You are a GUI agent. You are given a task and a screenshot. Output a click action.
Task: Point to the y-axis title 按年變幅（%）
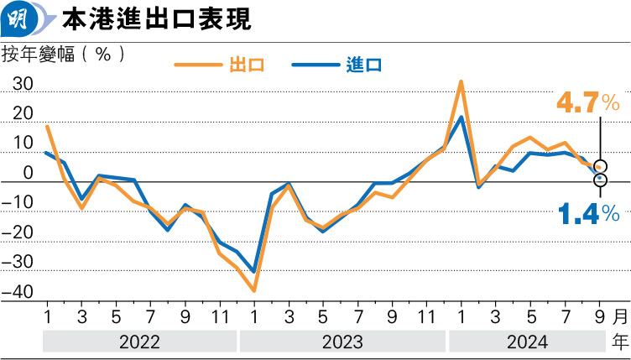(x=65, y=54)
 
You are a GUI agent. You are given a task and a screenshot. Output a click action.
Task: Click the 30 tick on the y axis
(x=23, y=85)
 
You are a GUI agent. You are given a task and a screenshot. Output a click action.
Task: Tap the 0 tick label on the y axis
(x=28, y=174)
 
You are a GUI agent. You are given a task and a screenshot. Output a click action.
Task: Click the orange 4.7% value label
(x=587, y=103)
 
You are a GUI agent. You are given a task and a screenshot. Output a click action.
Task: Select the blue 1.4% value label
(x=587, y=214)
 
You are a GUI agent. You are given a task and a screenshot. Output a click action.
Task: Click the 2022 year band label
(x=140, y=342)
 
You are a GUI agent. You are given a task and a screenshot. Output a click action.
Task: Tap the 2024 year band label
(x=527, y=342)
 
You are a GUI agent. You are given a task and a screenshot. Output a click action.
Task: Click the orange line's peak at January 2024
(x=462, y=81)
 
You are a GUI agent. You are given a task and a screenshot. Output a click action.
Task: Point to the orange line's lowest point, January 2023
(x=253, y=290)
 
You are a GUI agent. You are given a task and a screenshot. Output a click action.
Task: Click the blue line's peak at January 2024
(x=462, y=117)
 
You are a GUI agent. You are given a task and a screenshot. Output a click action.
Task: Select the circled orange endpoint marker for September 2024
(x=600, y=167)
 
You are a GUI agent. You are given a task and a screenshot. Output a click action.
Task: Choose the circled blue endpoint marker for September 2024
(x=600, y=180)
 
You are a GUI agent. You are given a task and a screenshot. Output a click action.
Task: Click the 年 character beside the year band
(x=619, y=342)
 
